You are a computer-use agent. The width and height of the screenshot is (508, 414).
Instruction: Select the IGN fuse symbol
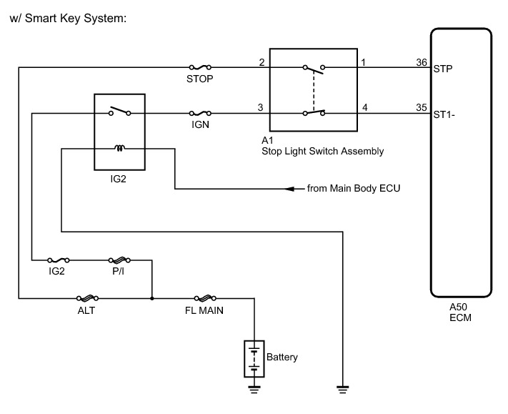[199, 113]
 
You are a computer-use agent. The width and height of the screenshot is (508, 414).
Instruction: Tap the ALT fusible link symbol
[86, 297]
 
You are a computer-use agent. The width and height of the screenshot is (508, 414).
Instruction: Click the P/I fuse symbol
[118, 260]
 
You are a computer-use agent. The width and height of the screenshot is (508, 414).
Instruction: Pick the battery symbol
[254, 357]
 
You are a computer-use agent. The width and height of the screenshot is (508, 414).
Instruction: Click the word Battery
[282, 357]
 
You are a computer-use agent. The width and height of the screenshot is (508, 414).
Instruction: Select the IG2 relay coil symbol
[120, 149]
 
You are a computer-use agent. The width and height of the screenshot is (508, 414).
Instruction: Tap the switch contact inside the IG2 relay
[120, 112]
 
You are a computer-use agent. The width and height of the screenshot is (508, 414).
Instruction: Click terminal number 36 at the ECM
[422, 62]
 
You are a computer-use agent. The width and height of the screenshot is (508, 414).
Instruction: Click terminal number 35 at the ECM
[422, 108]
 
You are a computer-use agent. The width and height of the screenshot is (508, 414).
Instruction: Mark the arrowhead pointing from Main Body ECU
[290, 189]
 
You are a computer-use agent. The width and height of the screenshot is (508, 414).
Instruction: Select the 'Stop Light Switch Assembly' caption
[323, 151]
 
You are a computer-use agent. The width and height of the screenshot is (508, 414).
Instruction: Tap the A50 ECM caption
[459, 312]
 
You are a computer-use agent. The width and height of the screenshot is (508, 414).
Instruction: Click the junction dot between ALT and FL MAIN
[152, 297]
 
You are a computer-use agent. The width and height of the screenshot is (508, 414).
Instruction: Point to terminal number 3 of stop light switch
[262, 108]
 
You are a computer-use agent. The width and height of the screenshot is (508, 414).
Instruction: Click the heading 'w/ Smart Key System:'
[68, 17]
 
